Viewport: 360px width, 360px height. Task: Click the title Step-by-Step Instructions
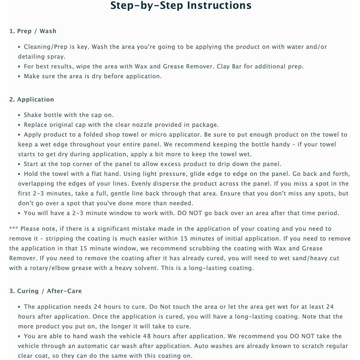point(180,6)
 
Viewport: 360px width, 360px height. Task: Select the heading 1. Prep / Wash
point(33,31)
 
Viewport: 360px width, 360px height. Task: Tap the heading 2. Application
point(31,99)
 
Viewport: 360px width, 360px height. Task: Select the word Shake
point(34,115)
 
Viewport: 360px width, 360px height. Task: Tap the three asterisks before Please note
point(14,229)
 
